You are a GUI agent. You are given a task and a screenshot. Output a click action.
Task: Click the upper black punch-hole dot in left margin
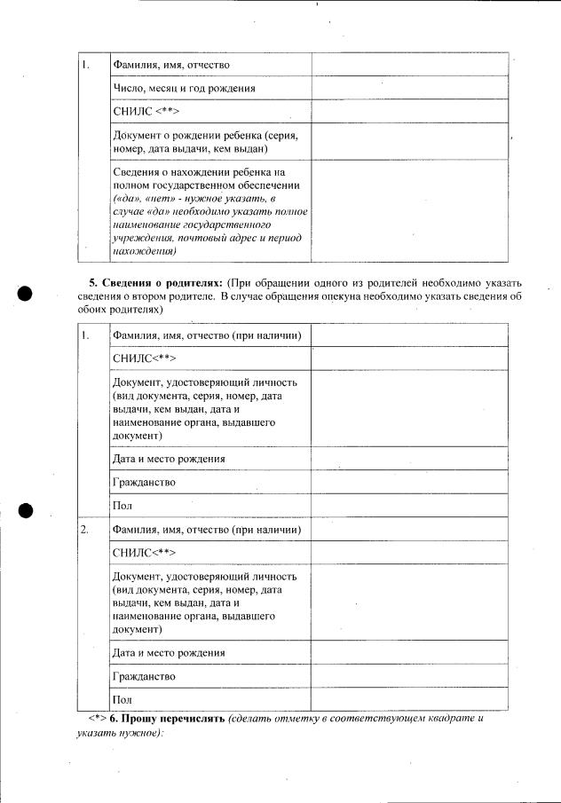26,295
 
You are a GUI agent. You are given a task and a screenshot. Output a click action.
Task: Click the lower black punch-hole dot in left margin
26,510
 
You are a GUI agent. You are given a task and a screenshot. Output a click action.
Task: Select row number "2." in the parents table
85,530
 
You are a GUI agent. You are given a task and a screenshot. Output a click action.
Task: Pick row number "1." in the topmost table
85,65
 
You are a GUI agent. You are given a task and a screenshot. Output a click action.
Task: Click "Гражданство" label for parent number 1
144,483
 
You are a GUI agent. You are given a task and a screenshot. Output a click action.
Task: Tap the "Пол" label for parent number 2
122,699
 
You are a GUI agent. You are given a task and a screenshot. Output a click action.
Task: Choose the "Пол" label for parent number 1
122,506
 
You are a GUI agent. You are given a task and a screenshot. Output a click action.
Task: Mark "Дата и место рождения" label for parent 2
169,653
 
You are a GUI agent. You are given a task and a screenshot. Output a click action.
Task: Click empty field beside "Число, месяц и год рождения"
409,88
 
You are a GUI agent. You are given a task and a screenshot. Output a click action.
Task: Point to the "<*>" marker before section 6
97,717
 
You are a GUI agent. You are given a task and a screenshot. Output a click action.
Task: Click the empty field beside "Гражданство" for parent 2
409,676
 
